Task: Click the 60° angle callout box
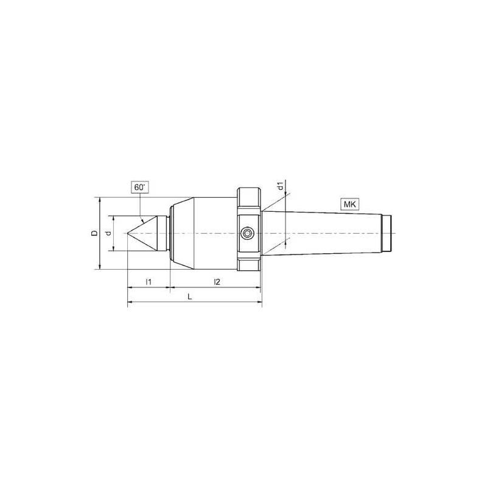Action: (x=140, y=187)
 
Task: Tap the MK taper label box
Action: (x=349, y=205)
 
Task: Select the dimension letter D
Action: (x=93, y=233)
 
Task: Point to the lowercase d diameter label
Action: (x=108, y=233)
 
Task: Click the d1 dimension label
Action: (x=279, y=186)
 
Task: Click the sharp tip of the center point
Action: (x=128, y=233)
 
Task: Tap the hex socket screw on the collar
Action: (x=248, y=233)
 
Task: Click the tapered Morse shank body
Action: (x=323, y=233)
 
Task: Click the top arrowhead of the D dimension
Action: (x=99, y=200)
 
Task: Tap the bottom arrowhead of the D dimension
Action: (x=99, y=267)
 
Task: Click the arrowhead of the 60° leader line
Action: (x=142, y=221)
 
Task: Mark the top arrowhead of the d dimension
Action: (x=114, y=217)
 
